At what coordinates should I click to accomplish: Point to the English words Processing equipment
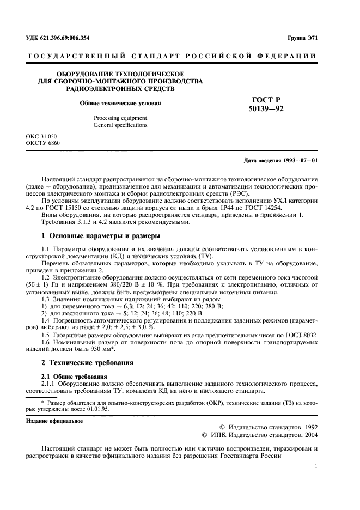[x=120, y=118]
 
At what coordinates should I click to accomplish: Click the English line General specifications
[x=120, y=125]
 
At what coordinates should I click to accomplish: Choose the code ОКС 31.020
[x=41, y=136]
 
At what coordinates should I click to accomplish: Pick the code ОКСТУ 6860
[x=42, y=143]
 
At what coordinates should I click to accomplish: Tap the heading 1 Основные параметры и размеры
[x=101, y=236]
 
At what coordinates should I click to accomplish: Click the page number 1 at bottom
[x=316, y=466]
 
